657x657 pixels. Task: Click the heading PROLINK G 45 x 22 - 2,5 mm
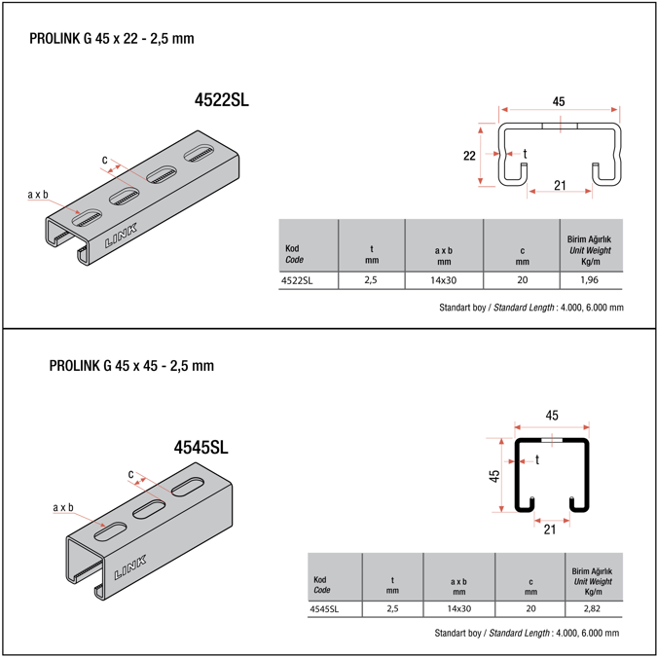click(x=119, y=39)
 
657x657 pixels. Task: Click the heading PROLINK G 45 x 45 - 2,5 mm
click(x=131, y=366)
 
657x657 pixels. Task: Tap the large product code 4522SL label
click(x=222, y=99)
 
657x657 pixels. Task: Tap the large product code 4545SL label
click(x=201, y=448)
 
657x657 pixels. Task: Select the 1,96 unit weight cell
click(x=590, y=280)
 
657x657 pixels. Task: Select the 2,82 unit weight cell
click(x=593, y=609)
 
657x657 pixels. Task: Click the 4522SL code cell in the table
click(x=296, y=280)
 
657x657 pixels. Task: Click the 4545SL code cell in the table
click(x=324, y=609)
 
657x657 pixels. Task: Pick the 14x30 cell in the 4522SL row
click(x=443, y=280)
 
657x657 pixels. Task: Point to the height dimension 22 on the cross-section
click(x=468, y=156)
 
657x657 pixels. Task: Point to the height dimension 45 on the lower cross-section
click(x=494, y=476)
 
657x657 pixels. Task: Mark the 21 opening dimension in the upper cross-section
click(x=560, y=185)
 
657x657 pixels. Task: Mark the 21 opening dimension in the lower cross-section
click(x=551, y=529)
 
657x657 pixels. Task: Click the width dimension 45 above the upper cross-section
click(x=559, y=101)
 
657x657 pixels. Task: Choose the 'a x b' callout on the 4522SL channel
click(x=38, y=195)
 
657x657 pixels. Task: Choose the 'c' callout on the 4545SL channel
click(x=130, y=474)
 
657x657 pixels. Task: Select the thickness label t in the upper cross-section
click(x=526, y=153)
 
